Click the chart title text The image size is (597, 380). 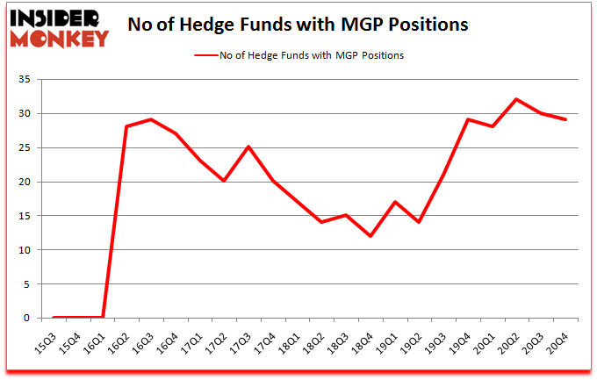[298, 25]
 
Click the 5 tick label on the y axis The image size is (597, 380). [28, 284]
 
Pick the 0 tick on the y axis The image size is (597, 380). [28, 318]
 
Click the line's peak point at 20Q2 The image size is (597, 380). [517, 99]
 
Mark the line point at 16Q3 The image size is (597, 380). [151, 119]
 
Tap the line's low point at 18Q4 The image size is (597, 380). [370, 236]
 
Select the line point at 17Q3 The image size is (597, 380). [248, 147]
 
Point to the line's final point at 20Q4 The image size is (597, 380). [565, 119]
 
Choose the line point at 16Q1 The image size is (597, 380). [103, 317]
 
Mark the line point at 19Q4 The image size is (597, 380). [468, 119]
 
